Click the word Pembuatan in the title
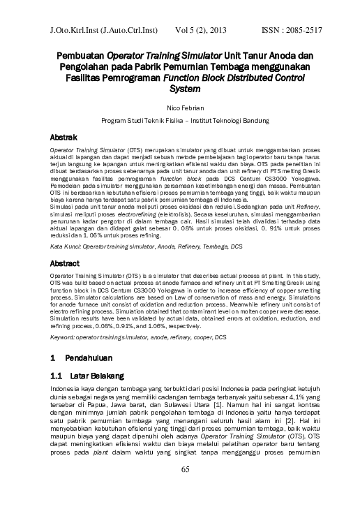(80, 54)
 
